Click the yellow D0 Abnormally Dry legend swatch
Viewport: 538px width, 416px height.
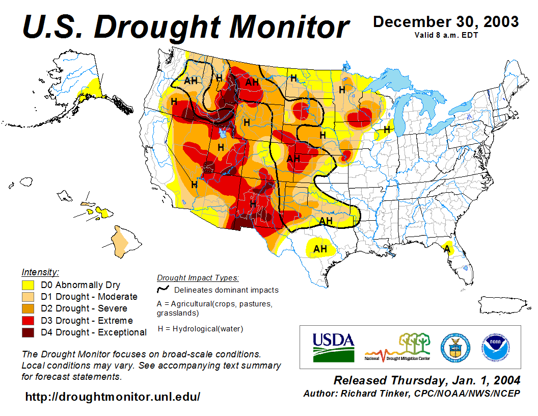click(x=28, y=285)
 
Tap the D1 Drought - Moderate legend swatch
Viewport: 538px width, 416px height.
click(x=28, y=297)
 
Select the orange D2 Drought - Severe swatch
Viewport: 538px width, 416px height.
click(x=28, y=308)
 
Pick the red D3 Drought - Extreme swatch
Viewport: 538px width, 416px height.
click(x=28, y=321)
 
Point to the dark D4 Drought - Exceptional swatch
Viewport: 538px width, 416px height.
click(x=28, y=332)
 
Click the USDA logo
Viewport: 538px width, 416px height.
click(x=333, y=347)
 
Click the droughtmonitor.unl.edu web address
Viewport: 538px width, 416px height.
click(x=113, y=396)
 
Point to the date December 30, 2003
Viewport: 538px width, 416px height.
click(x=446, y=22)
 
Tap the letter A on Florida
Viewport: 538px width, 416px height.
click(x=447, y=249)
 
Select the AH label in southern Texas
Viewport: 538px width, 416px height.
click(x=320, y=249)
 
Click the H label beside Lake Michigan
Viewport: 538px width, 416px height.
click(x=387, y=129)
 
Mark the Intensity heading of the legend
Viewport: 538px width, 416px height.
click(x=40, y=272)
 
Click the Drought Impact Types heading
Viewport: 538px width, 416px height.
click(x=198, y=278)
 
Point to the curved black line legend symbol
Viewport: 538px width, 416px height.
click(x=164, y=290)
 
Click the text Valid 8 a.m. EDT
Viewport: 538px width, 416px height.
click(x=446, y=35)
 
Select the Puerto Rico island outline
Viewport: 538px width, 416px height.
click(x=501, y=305)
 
